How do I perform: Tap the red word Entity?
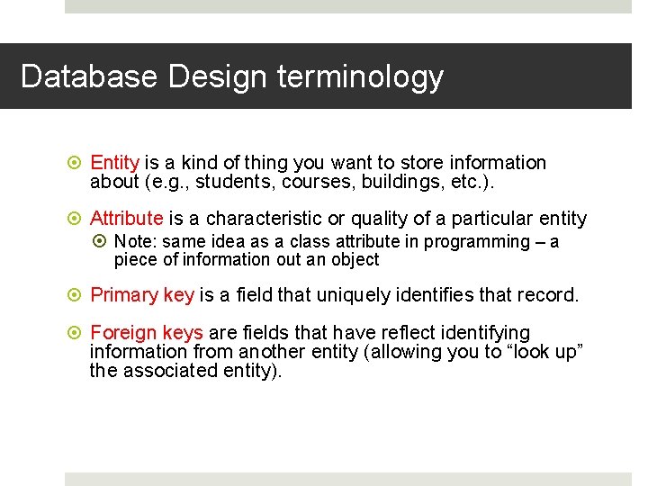114,163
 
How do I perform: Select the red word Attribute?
127,219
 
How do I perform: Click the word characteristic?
260,219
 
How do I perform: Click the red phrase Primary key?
142,295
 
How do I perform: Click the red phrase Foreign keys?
147,333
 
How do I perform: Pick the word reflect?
360,333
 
